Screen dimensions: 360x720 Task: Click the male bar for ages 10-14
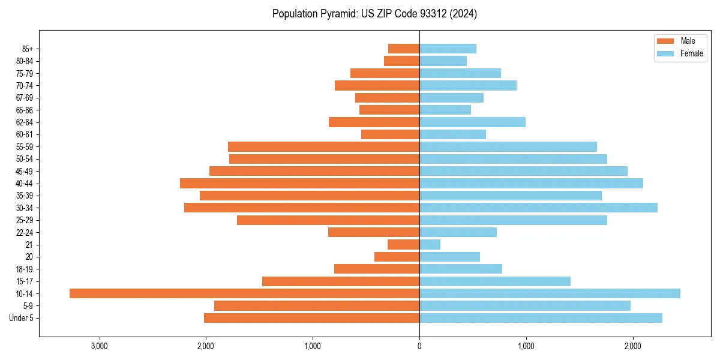244,293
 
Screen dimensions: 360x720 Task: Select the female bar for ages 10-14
550,293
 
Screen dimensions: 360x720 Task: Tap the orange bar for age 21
403,244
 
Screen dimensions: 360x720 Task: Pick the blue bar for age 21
430,244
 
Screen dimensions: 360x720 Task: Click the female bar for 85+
448,49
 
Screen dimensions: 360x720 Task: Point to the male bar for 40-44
299,183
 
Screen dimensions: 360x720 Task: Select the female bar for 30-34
538,208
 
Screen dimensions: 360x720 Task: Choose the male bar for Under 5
311,318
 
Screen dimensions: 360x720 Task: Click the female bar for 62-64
472,122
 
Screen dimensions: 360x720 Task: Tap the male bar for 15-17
341,281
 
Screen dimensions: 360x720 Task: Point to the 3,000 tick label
99,346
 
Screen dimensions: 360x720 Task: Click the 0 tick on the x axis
419,346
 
